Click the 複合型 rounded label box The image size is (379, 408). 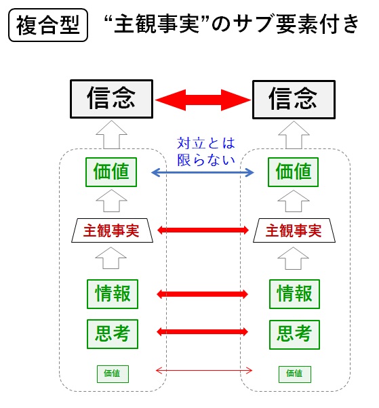click(x=48, y=25)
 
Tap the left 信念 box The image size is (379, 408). click(x=111, y=99)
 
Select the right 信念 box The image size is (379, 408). click(x=294, y=100)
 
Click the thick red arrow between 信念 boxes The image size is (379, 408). click(x=203, y=100)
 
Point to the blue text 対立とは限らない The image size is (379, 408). click(x=206, y=151)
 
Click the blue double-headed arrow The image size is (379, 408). click(x=203, y=172)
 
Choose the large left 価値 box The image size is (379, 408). click(x=111, y=172)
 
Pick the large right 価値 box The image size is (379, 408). click(x=293, y=172)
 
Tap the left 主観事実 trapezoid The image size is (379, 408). click(x=112, y=230)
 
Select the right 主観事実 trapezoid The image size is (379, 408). click(x=294, y=230)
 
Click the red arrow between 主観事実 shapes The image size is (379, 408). click(x=203, y=230)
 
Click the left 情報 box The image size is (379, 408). click(x=113, y=294)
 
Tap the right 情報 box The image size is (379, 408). click(x=294, y=294)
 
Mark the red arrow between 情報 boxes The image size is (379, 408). click(x=202, y=294)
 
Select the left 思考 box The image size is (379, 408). click(x=113, y=334)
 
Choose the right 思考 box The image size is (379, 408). click(x=294, y=335)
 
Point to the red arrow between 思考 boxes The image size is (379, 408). click(x=202, y=332)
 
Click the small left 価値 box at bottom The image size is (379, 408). click(x=113, y=374)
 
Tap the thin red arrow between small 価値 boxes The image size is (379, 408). click(x=204, y=371)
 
